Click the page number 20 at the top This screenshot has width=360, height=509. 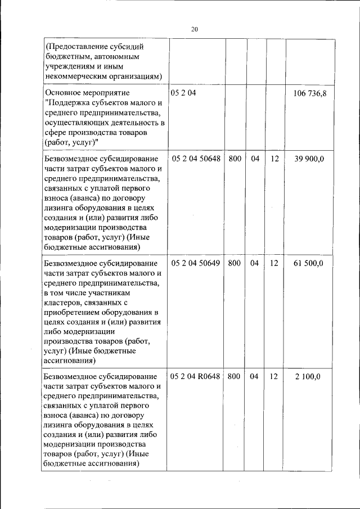[x=195, y=29]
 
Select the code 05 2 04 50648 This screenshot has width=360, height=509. [x=195, y=159]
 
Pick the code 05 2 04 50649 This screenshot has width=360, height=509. [x=195, y=263]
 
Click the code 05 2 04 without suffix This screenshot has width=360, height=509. [x=183, y=93]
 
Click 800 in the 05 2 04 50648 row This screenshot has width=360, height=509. [x=235, y=159]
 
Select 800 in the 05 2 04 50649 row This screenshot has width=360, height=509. [x=235, y=263]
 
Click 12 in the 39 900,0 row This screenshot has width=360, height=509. [x=274, y=159]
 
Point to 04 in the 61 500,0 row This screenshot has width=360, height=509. [x=255, y=263]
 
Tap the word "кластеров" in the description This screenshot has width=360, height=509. [x=62, y=303]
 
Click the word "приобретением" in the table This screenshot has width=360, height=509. [x=73, y=313]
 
